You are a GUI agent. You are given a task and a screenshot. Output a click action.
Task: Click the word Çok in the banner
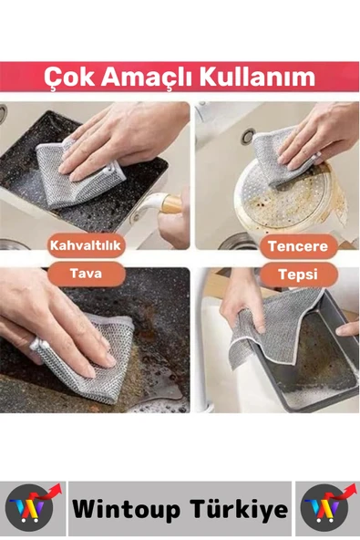(69, 78)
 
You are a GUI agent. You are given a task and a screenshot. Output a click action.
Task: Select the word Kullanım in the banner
(257, 77)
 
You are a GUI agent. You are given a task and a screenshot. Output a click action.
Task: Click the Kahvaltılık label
(86, 245)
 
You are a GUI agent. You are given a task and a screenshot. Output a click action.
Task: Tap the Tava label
(86, 274)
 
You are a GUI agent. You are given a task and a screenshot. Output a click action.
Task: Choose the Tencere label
(298, 246)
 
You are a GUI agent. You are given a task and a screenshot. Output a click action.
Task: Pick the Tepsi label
(298, 275)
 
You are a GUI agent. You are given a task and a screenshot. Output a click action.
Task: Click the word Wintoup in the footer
(126, 509)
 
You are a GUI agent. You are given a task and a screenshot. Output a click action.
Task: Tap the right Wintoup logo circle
(325, 508)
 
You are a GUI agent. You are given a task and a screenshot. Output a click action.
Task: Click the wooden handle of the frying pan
(170, 204)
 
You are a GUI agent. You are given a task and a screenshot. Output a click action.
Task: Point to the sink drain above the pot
(248, 137)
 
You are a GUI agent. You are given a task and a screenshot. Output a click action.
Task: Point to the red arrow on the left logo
(48, 492)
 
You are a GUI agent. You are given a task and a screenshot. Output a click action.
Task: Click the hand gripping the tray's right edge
(347, 329)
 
